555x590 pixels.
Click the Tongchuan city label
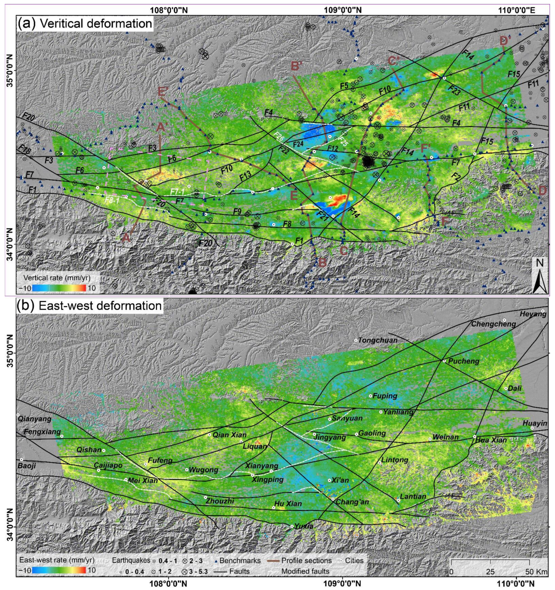378,340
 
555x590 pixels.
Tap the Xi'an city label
340,480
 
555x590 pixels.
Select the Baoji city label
27,465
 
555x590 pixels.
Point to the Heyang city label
533,314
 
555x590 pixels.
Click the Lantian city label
413,496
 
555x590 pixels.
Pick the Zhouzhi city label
220,501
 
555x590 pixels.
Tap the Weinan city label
445,437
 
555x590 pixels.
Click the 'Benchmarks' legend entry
240,560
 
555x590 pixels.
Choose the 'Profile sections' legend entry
307,560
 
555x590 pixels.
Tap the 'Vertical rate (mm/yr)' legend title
57,277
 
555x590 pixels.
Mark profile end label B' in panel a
297,66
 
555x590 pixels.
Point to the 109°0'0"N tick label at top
343,10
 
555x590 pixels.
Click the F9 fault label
237,211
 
